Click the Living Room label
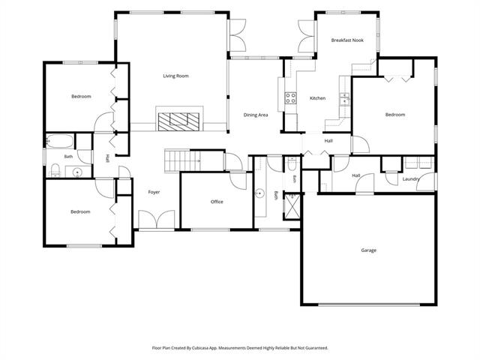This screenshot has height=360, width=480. (175, 76)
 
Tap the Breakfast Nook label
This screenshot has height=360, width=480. (347, 40)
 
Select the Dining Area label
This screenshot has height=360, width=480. (256, 115)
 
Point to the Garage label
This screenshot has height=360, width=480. (368, 250)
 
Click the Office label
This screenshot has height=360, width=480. (217, 202)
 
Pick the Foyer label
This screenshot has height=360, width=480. (154, 192)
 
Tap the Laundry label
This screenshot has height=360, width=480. (411, 179)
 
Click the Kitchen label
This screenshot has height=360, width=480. (317, 98)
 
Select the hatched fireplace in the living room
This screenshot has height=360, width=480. (178, 121)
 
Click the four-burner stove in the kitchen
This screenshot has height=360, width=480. (291, 98)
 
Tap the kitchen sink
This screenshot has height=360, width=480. (344, 100)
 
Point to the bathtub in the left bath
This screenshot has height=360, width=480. (60, 141)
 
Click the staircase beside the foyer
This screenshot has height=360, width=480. (182, 160)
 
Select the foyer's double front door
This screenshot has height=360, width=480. (157, 219)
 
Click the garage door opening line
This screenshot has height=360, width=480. (369, 304)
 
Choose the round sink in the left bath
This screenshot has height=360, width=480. (77, 173)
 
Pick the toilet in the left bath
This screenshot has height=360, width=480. (55, 170)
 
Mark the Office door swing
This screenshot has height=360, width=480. (238, 181)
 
